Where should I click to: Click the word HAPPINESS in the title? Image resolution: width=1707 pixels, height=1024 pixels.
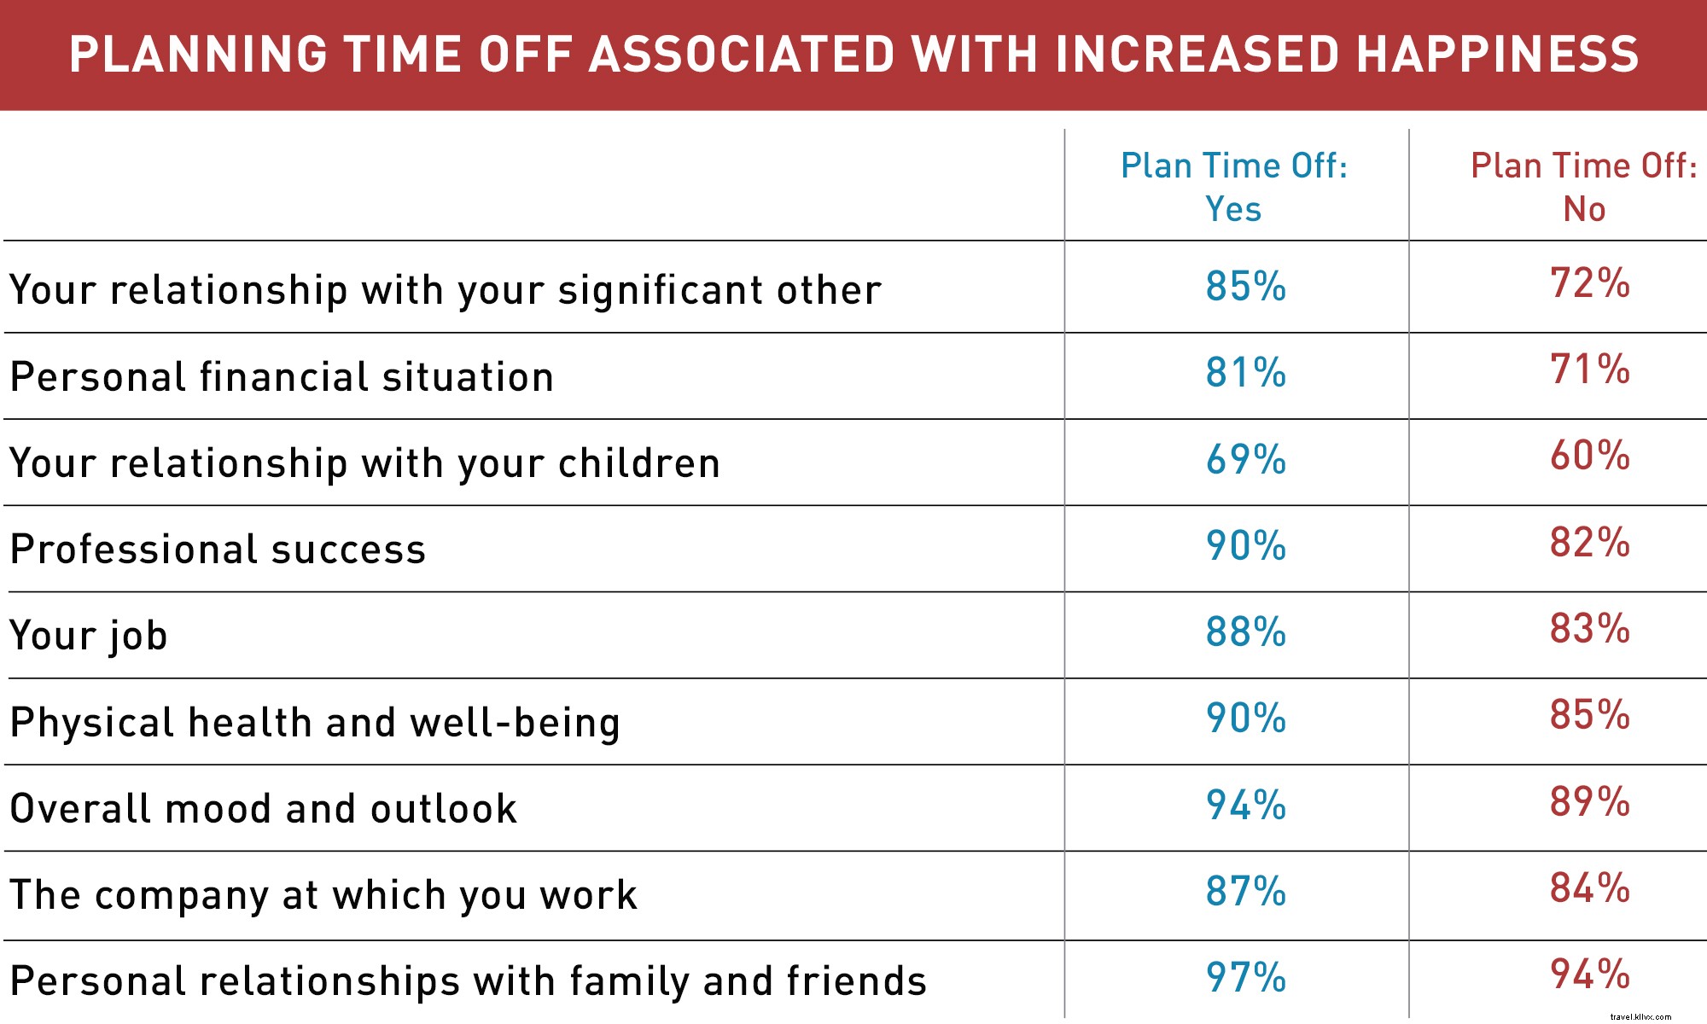(x=1497, y=54)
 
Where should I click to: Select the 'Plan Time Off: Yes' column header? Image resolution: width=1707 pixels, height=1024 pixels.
(x=1234, y=187)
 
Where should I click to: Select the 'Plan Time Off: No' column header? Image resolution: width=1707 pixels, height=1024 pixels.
(x=1584, y=187)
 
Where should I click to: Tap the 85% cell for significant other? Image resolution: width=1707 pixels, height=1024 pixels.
(x=1245, y=287)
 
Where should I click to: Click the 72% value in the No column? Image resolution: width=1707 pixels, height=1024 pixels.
(x=1589, y=283)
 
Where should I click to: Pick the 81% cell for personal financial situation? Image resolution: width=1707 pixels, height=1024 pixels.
(x=1245, y=373)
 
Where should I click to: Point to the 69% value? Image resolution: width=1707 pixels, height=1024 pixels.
(x=1245, y=460)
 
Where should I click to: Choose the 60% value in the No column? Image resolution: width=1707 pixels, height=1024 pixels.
(x=1589, y=456)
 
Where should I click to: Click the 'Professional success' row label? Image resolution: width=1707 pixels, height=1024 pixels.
(x=218, y=549)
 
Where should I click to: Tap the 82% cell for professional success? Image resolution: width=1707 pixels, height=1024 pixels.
(x=1589, y=543)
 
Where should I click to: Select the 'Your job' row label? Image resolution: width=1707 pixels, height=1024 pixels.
(x=88, y=636)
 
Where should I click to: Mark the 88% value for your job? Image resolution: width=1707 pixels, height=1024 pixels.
(x=1245, y=632)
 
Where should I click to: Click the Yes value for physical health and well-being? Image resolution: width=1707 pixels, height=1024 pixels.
(x=1245, y=719)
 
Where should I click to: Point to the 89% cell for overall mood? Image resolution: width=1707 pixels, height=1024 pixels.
(x=1589, y=802)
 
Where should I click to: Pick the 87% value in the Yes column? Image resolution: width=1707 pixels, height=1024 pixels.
(x=1245, y=892)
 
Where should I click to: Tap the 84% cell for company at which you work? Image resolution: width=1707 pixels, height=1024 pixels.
(x=1589, y=888)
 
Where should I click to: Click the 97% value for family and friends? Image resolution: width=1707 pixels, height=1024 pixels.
(x=1245, y=978)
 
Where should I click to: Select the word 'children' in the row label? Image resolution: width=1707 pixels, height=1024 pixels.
(x=639, y=463)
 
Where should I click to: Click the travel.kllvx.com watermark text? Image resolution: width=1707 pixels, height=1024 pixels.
(x=1640, y=1016)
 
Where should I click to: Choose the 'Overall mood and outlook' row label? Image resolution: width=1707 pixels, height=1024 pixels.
(x=263, y=808)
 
